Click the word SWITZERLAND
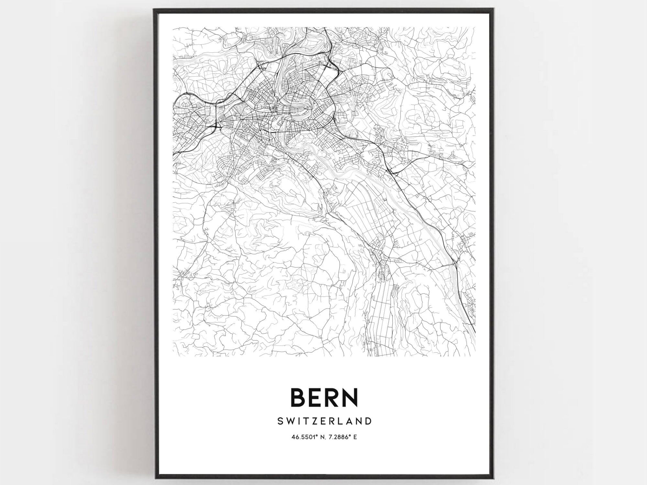[324, 421]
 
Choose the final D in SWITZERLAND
[368, 421]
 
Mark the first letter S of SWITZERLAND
[280, 421]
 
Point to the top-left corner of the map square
[173, 27]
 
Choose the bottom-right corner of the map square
[476, 356]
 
